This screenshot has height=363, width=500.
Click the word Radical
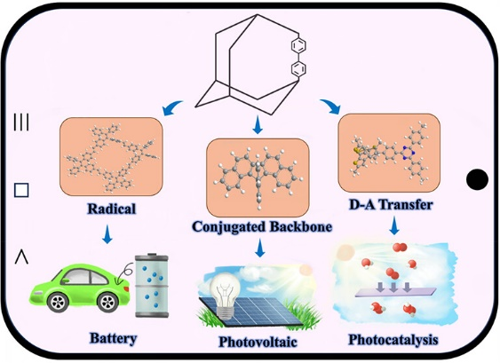point(112,209)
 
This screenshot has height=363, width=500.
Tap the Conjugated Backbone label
point(262,227)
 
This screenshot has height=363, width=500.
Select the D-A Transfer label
point(391,205)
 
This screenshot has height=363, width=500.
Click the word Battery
point(113,338)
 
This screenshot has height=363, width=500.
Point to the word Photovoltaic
point(258,342)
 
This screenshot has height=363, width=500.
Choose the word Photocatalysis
point(393,340)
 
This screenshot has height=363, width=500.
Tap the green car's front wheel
point(107,302)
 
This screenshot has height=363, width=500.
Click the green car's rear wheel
point(58,302)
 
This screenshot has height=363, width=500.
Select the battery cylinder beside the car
point(152,286)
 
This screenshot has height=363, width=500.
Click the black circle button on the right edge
point(477,179)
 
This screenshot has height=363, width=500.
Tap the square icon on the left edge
point(21,190)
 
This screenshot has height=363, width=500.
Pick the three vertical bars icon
point(21,122)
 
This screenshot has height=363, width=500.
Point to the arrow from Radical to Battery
point(107,234)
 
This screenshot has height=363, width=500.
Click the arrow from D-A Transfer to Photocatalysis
point(394,225)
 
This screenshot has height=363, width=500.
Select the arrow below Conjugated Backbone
point(260,248)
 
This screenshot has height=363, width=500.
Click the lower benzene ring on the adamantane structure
point(298,68)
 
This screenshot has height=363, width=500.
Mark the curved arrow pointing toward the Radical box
point(171,107)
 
